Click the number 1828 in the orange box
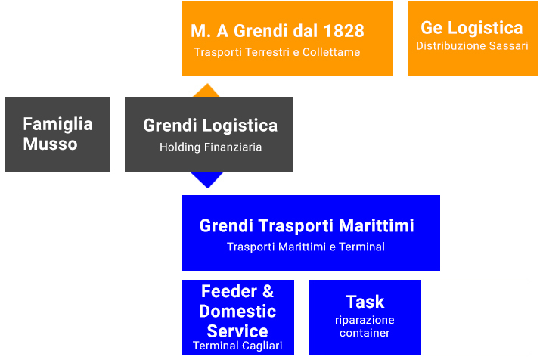(343, 31)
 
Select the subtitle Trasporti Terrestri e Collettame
(277, 52)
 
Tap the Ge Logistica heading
(472, 29)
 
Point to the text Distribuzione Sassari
(472, 46)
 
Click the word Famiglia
(57, 124)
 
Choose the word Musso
(50, 144)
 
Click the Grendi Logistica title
(210, 126)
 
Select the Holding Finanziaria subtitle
(210, 147)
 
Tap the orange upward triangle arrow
(206, 91)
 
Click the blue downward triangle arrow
(207, 179)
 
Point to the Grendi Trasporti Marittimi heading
(306, 225)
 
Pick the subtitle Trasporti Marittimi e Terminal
(306, 247)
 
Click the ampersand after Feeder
(268, 291)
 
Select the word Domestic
(237, 311)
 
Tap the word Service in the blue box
(237, 331)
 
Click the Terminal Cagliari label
(237, 346)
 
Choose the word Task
(365, 302)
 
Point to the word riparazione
(365, 321)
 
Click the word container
(365, 333)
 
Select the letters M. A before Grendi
(209, 31)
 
